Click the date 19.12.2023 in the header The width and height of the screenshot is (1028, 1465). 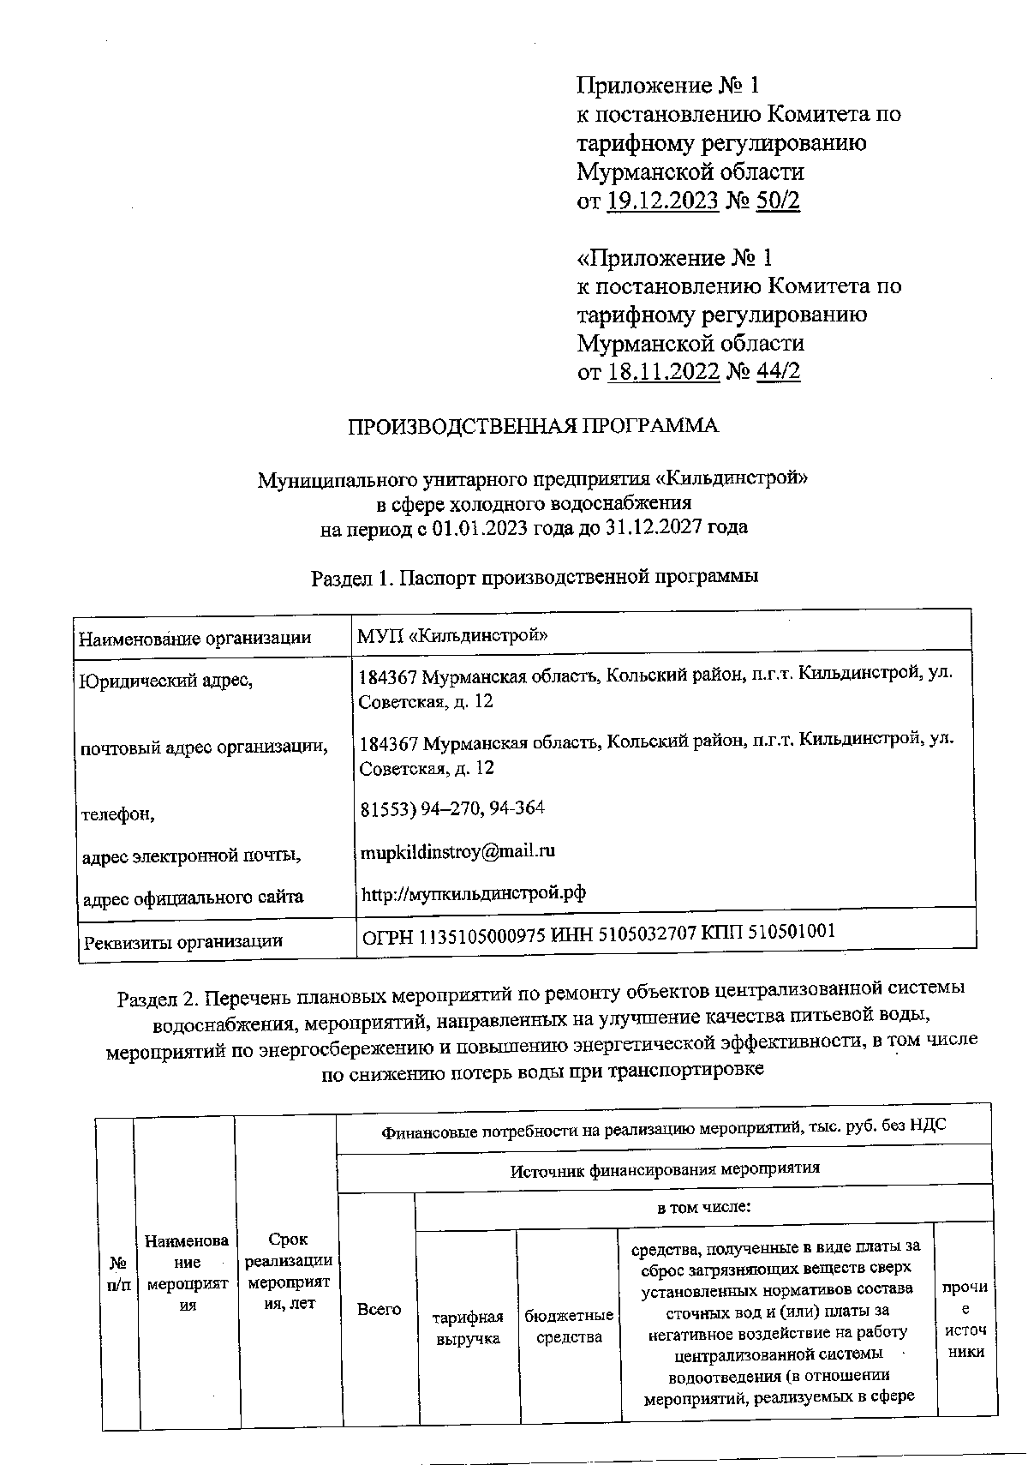pyautogui.click(x=663, y=201)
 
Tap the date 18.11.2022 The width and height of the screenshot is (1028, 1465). pyautogui.click(x=663, y=372)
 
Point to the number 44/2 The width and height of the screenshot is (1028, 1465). pyautogui.click(x=779, y=372)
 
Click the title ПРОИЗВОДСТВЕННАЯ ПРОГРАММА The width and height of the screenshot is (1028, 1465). pyautogui.click(x=532, y=426)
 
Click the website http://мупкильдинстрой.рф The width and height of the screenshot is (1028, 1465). pyautogui.click(x=474, y=893)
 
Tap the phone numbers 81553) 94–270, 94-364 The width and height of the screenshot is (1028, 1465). pyautogui.click(x=451, y=808)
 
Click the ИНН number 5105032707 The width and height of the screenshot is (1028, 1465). pyautogui.click(x=638, y=934)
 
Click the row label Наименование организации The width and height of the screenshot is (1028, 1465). pyautogui.click(x=195, y=638)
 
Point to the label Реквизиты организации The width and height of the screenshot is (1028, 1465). pyautogui.click(x=182, y=941)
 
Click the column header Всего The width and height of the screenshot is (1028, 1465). pyautogui.click(x=379, y=1309)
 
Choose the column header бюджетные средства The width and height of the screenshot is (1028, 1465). pyautogui.click(x=568, y=1326)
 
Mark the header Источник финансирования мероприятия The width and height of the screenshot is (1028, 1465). pyautogui.click(x=665, y=1168)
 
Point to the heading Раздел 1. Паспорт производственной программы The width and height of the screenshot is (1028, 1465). pyautogui.click(x=535, y=577)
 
